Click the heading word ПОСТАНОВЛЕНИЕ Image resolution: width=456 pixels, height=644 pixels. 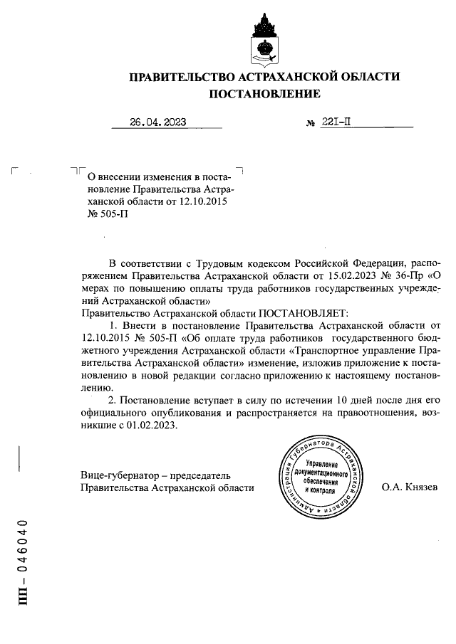click(x=264, y=94)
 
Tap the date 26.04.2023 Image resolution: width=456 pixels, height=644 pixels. click(x=157, y=122)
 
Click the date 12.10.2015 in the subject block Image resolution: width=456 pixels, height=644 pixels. click(x=202, y=200)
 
